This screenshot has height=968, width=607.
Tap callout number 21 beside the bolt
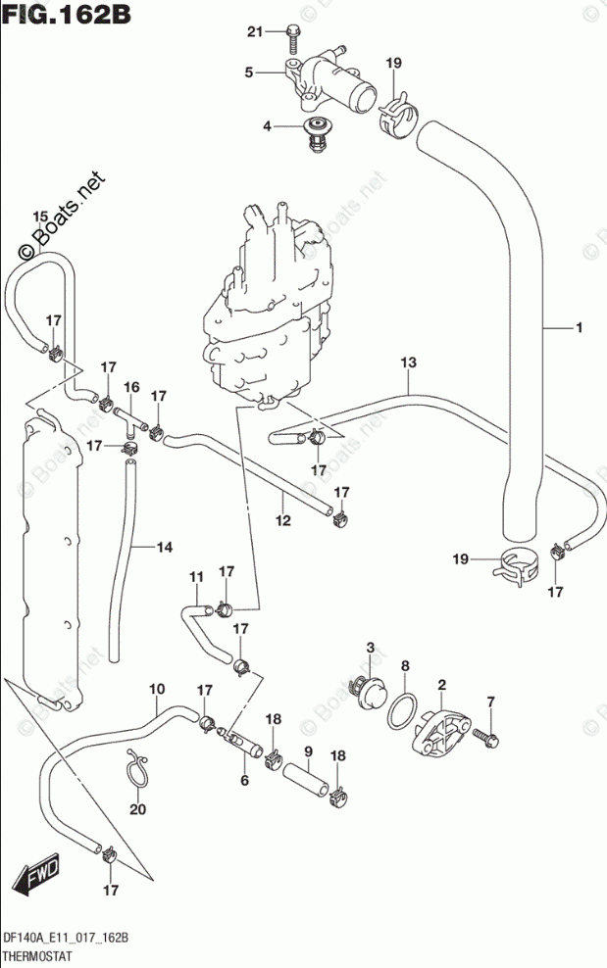[x=255, y=33]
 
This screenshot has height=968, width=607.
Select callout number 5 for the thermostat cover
[x=249, y=73]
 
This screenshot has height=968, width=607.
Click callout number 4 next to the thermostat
[x=266, y=126]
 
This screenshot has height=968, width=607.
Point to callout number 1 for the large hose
[x=580, y=327]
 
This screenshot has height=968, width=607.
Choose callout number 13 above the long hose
[x=409, y=363]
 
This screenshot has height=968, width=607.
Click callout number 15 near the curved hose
[x=39, y=217]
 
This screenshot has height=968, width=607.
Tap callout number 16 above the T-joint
[x=131, y=388]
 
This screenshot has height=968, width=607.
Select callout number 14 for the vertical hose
[x=166, y=548]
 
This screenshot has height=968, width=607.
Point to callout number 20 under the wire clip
[x=136, y=810]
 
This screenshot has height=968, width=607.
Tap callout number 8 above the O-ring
[x=404, y=667]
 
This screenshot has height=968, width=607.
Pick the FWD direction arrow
[x=39, y=872]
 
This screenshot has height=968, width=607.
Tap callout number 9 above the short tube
[x=307, y=751]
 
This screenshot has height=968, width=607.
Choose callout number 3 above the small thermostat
[x=371, y=648]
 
